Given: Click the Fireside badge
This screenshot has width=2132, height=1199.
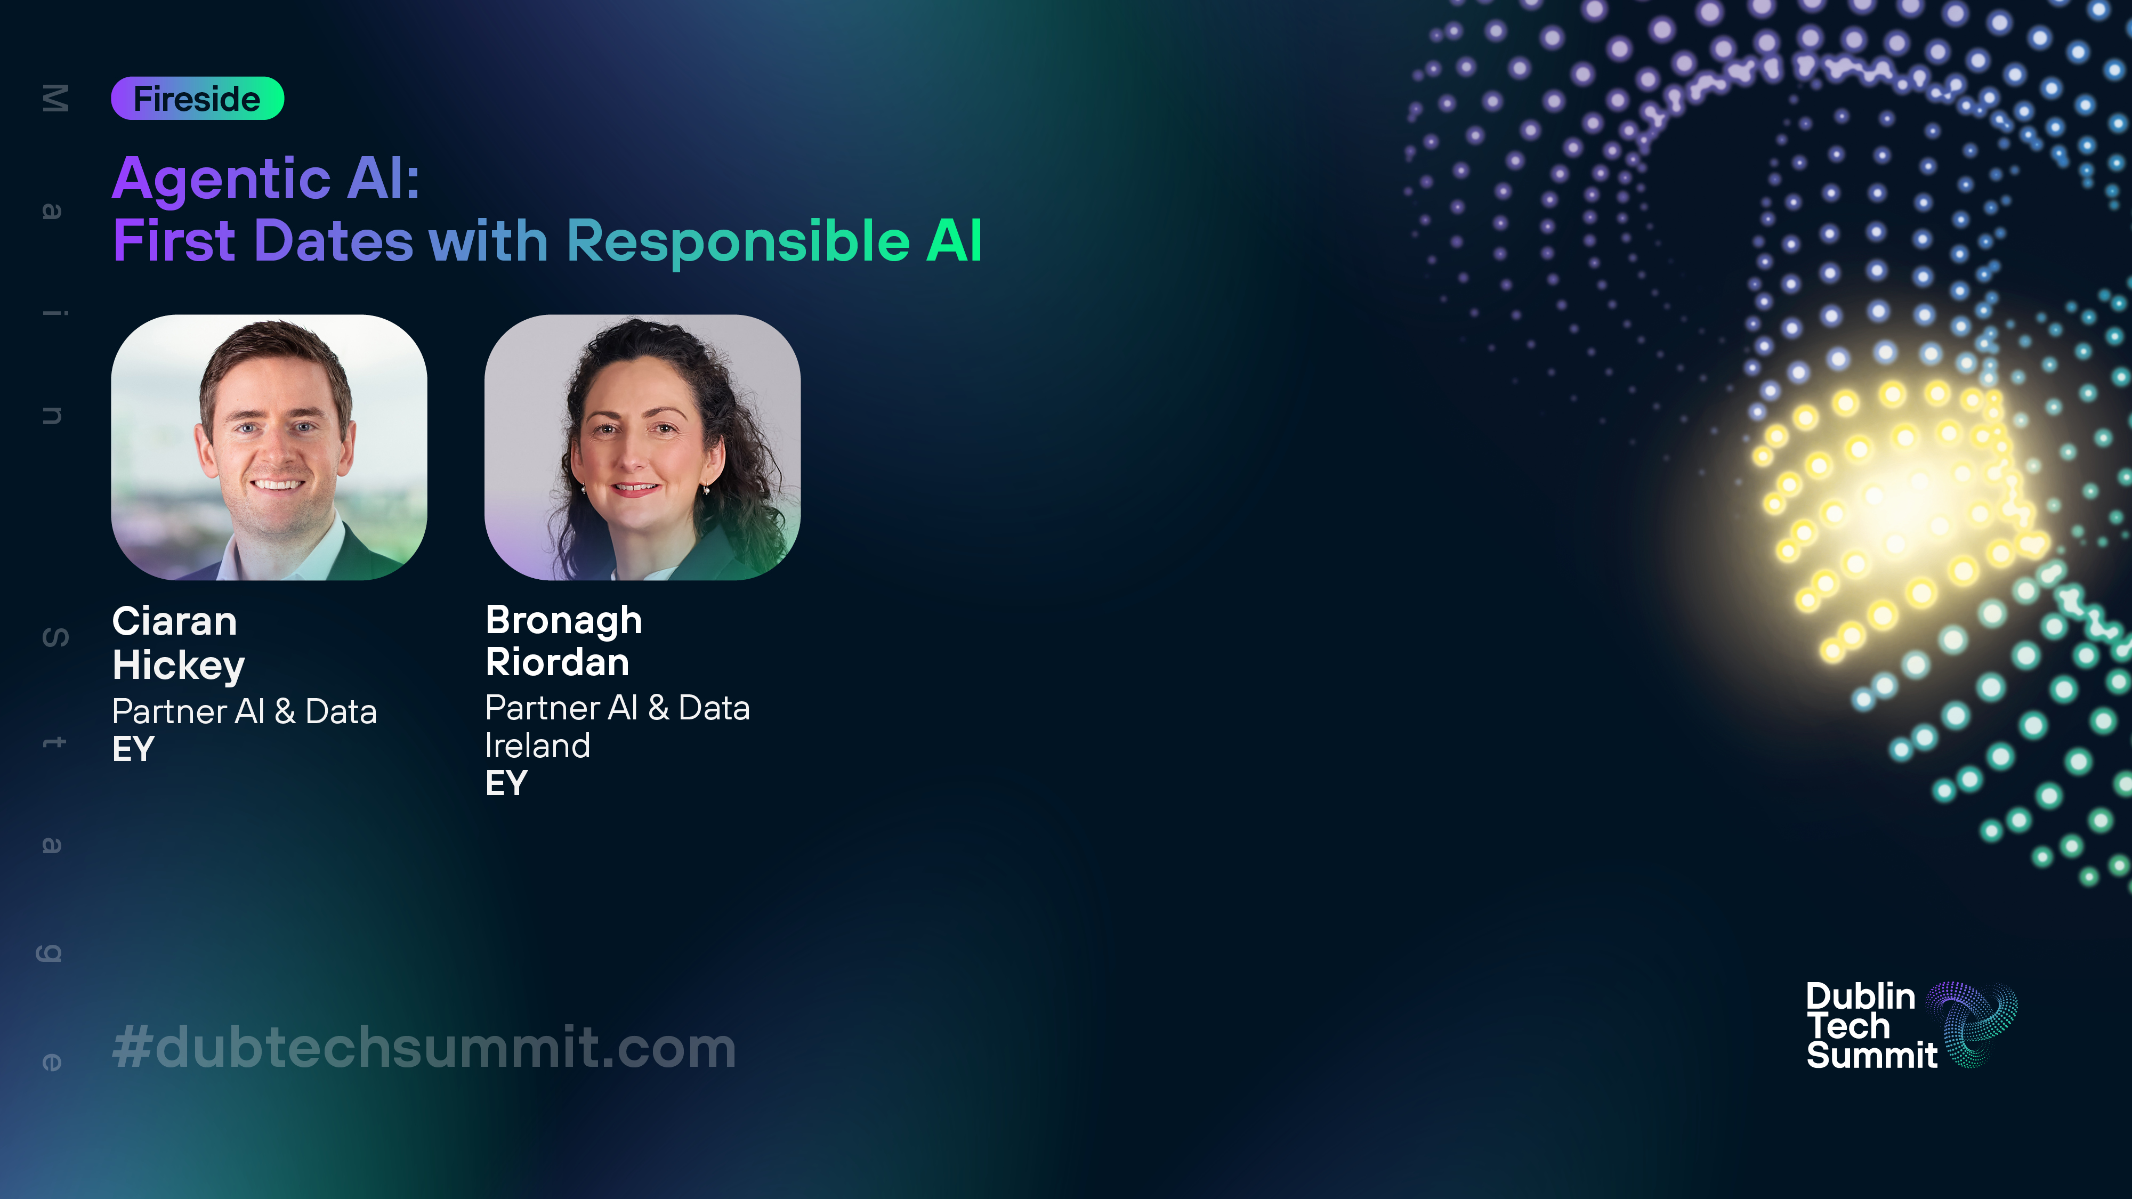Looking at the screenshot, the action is tap(198, 99).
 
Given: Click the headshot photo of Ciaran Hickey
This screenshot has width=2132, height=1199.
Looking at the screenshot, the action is tap(269, 447).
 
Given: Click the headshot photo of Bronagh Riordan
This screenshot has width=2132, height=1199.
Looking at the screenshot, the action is tap(642, 447).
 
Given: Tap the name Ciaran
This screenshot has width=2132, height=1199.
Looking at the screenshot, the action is tap(175, 621).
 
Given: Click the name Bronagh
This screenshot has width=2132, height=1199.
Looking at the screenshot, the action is tap(563, 621).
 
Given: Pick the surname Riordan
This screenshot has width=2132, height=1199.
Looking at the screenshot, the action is tap(557, 662).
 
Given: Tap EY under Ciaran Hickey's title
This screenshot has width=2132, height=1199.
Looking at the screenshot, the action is tap(133, 749).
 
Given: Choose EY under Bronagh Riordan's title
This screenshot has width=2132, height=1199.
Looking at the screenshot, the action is tap(506, 783).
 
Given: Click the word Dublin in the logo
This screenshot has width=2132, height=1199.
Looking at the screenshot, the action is tap(1861, 997).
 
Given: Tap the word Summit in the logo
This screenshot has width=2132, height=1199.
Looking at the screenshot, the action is tap(1872, 1055).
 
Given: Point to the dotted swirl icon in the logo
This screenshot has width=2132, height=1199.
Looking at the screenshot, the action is tap(1972, 1024).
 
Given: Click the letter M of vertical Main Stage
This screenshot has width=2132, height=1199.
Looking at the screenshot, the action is tap(54, 99).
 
